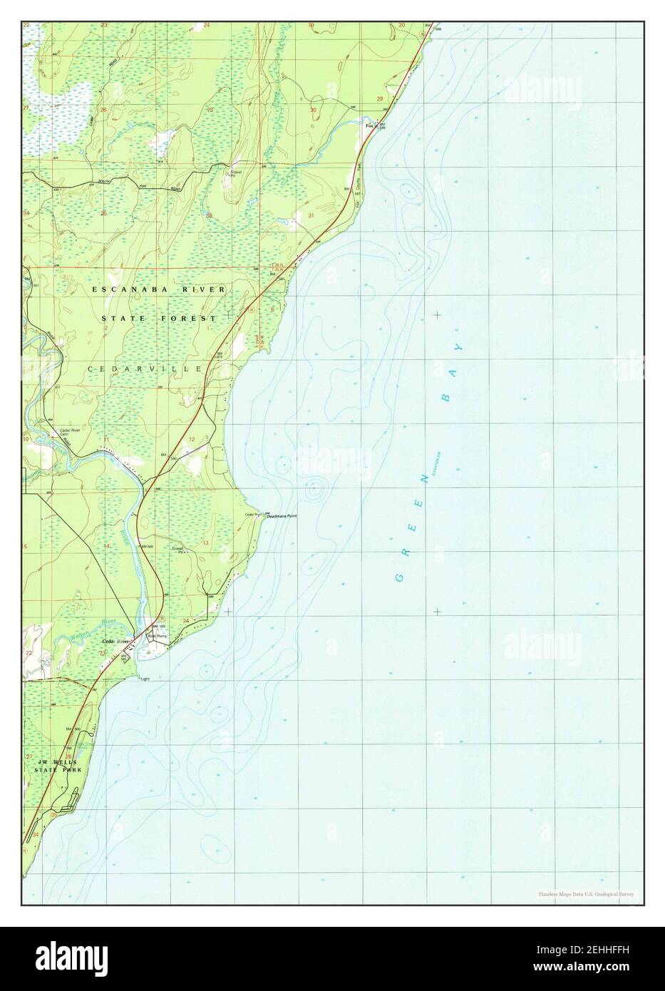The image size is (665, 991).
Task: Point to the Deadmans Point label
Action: pos(282,515)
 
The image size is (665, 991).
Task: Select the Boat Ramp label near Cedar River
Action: pos(156,635)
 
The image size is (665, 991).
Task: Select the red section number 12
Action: pos(192,438)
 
